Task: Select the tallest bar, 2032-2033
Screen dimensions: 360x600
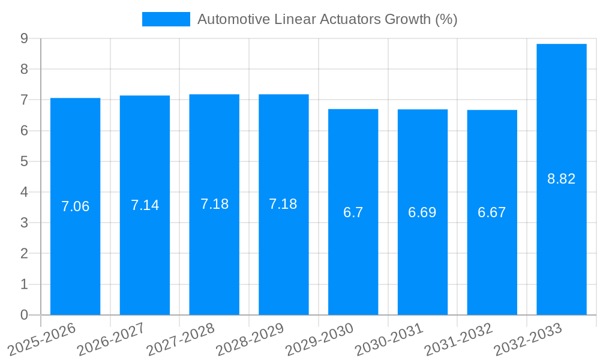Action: [x=562, y=240]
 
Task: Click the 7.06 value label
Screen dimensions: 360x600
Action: [x=75, y=206]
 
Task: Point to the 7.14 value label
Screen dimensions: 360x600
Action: [x=145, y=205]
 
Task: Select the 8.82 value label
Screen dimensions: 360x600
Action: [x=562, y=179]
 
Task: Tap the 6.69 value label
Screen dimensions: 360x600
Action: [x=422, y=212]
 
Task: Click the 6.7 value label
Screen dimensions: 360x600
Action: [x=353, y=212]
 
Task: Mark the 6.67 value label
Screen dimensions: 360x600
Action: [x=492, y=212]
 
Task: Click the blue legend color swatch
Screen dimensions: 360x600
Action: [x=166, y=19]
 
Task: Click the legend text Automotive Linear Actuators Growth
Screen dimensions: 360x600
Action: [x=327, y=19]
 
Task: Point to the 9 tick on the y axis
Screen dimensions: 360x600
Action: [x=25, y=38]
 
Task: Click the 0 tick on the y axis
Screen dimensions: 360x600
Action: [x=25, y=315]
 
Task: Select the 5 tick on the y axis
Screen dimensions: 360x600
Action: [x=25, y=161]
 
